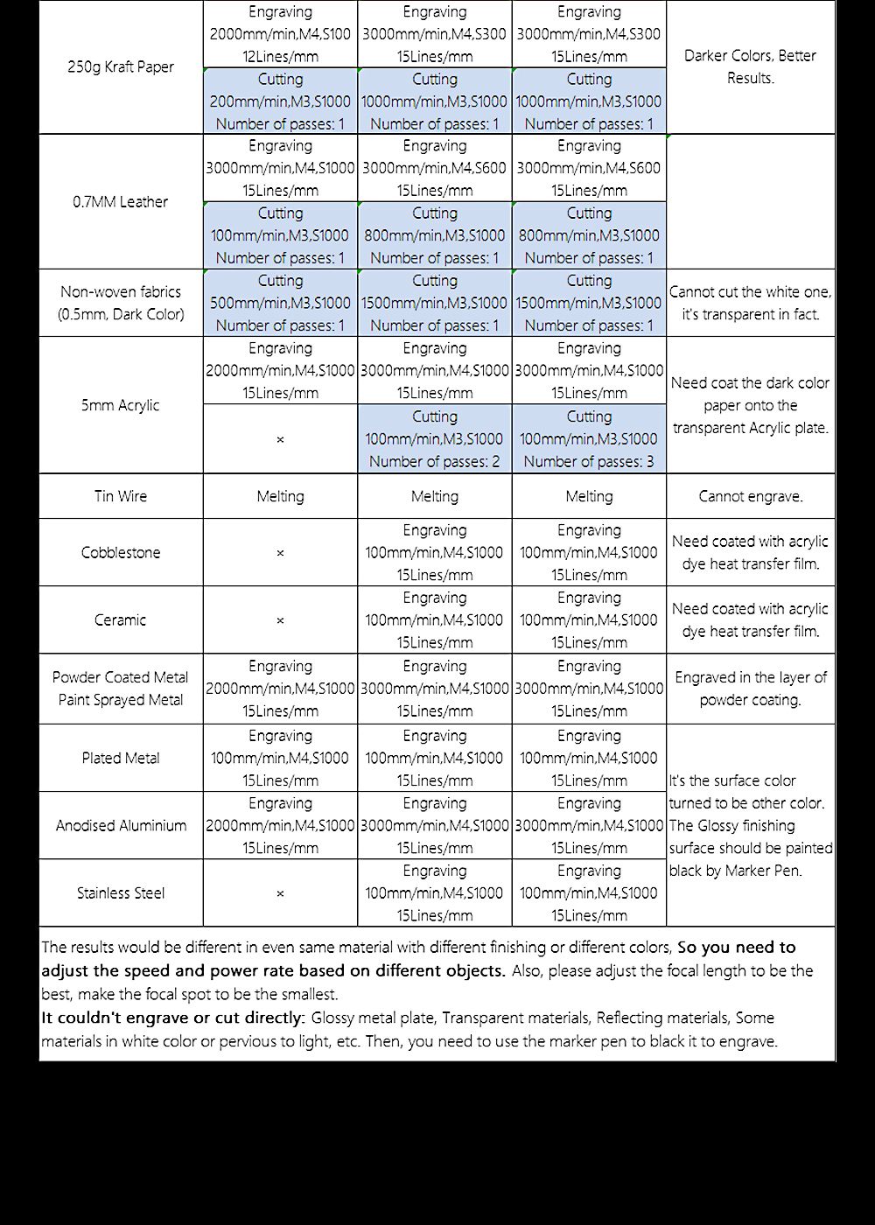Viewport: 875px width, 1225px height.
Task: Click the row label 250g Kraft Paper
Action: (x=121, y=67)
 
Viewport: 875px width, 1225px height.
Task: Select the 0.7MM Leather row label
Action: (x=121, y=202)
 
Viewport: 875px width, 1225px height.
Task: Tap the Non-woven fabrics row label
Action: (x=121, y=303)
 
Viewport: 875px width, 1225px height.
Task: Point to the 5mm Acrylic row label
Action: (x=121, y=405)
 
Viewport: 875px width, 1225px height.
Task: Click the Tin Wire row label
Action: (x=121, y=496)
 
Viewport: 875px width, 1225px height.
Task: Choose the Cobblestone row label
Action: (x=121, y=553)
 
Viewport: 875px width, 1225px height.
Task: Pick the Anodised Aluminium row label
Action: (x=121, y=826)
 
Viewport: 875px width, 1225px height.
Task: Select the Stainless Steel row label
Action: (x=121, y=893)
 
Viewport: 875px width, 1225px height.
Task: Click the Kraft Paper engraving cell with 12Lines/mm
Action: (x=280, y=35)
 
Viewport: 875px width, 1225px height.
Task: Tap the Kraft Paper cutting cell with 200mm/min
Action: (x=280, y=101)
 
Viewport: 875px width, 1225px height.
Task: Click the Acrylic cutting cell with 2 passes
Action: (x=435, y=439)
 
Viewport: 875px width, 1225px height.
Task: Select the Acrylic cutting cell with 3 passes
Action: (x=589, y=439)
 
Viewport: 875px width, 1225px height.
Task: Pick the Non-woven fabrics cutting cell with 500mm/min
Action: (x=280, y=303)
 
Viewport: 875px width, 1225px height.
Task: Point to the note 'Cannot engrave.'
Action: (x=751, y=497)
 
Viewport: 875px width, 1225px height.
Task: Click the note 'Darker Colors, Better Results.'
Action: (x=751, y=67)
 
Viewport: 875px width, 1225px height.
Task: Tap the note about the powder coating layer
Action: (x=751, y=689)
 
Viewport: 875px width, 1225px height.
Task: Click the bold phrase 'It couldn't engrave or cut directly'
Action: (x=172, y=1018)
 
